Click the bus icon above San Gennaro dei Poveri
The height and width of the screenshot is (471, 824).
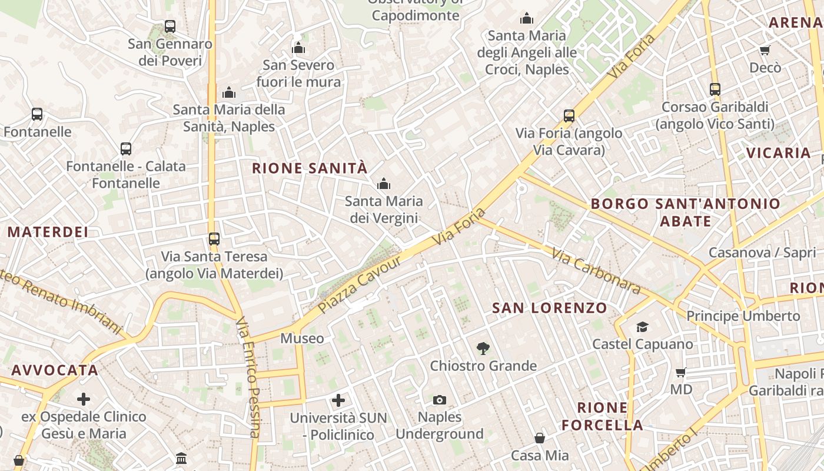pyautogui.click(x=170, y=26)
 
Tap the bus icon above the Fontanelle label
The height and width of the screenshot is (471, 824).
pyautogui.click(x=37, y=114)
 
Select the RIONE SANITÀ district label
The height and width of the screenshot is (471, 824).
pyautogui.click(x=310, y=168)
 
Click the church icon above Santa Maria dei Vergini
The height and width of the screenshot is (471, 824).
pyautogui.click(x=384, y=184)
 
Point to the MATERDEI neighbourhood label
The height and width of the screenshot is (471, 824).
pyautogui.click(x=48, y=232)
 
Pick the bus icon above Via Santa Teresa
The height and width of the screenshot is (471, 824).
pyautogui.click(x=214, y=239)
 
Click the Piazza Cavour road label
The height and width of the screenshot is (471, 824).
pyautogui.click(x=359, y=284)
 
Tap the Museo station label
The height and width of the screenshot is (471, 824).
pyautogui.click(x=302, y=339)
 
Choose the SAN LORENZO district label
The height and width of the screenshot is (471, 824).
pyautogui.click(x=550, y=308)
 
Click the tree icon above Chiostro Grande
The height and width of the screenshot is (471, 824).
pyautogui.click(x=483, y=349)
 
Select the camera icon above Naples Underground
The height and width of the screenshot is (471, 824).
pyautogui.click(x=440, y=400)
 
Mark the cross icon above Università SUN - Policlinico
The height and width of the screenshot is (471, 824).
pyautogui.click(x=338, y=401)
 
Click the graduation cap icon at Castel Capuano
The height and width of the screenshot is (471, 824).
pyautogui.click(x=642, y=327)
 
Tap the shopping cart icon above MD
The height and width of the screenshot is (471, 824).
pyautogui.click(x=681, y=372)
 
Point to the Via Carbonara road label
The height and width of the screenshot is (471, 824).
pyautogui.click(x=596, y=271)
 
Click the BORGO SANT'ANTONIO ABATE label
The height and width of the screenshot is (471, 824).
pyautogui.click(x=686, y=213)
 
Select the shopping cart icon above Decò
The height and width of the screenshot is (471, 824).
pyautogui.click(x=765, y=51)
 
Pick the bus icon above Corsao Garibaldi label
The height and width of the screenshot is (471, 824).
pyautogui.click(x=715, y=89)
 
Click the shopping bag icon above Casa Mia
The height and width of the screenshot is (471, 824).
pyautogui.click(x=540, y=438)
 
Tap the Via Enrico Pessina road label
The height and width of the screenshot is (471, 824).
pyautogui.click(x=248, y=377)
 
